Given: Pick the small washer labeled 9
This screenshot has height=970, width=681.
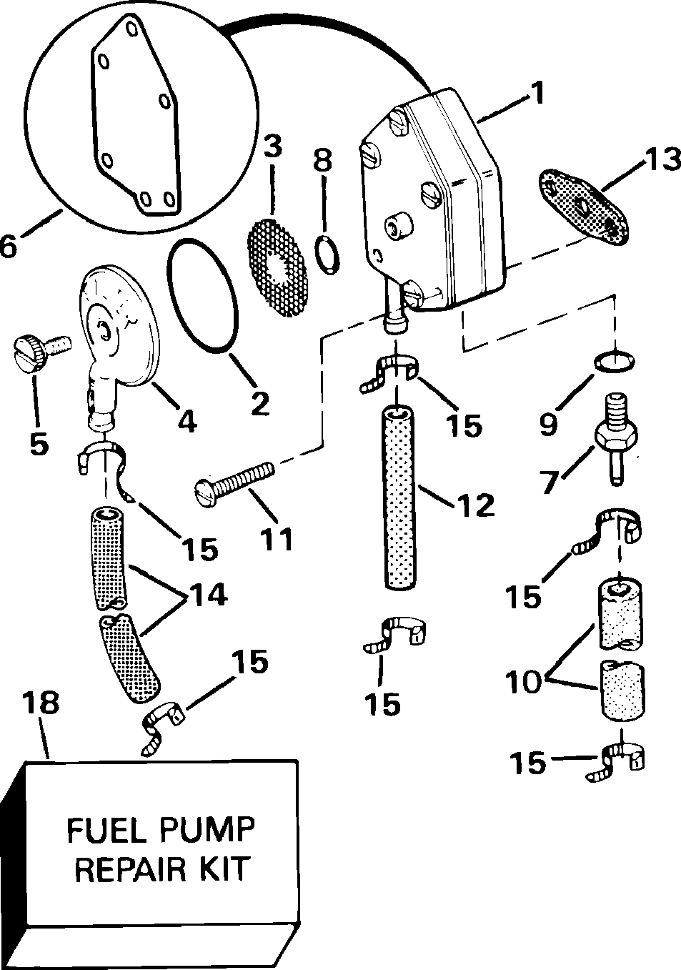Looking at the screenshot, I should pos(614,362).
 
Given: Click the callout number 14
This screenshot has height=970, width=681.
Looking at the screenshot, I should pos(204,595).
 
